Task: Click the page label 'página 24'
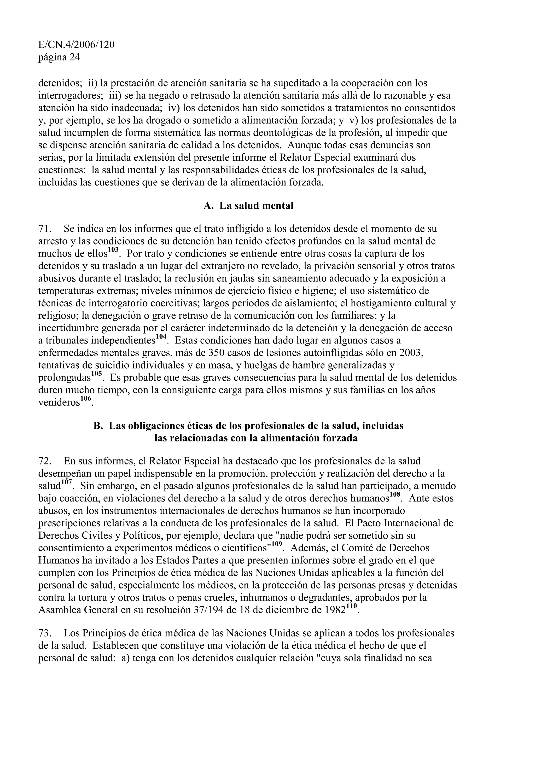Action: click(x=59, y=57)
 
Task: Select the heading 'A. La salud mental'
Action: click(x=248, y=206)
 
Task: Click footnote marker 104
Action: click(x=161, y=337)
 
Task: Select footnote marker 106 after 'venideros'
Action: click(x=86, y=399)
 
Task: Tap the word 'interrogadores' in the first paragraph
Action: click(x=71, y=96)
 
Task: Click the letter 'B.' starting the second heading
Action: click(x=98, y=426)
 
